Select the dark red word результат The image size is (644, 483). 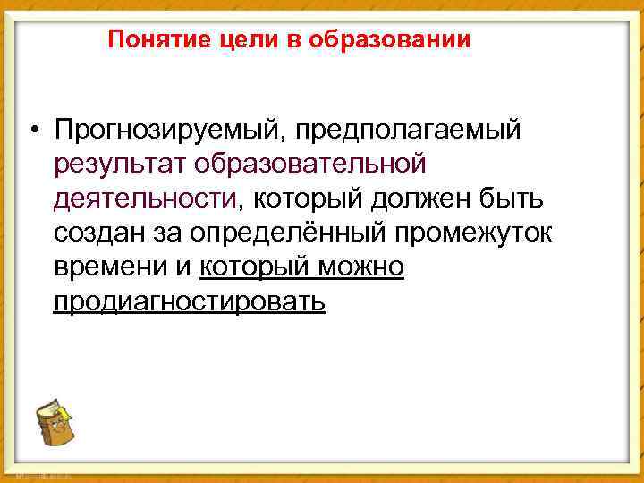point(113,165)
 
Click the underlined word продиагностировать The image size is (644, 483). point(190,301)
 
